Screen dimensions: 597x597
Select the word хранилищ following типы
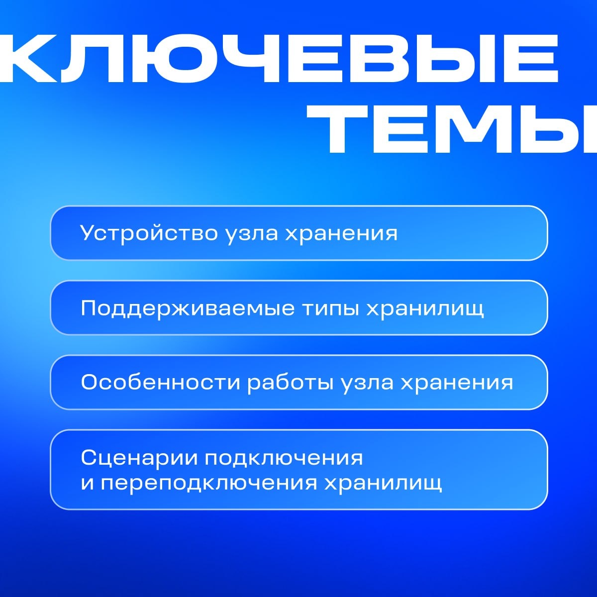point(425,308)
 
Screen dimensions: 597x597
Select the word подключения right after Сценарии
point(284,458)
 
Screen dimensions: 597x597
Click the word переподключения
point(209,483)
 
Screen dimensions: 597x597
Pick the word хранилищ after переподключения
point(383,483)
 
